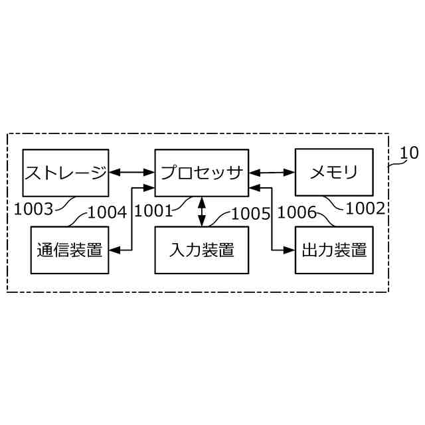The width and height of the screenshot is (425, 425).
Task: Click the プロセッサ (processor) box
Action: (x=201, y=173)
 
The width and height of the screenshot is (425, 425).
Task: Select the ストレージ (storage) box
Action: (x=65, y=173)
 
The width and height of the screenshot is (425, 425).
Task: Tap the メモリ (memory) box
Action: (x=333, y=173)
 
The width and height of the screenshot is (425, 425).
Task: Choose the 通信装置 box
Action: (x=70, y=250)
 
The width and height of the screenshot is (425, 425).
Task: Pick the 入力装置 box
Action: (x=201, y=250)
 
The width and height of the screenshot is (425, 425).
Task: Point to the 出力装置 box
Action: (x=333, y=250)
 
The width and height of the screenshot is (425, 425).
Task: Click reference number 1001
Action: (x=153, y=211)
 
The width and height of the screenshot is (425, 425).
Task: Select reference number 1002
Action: (x=365, y=209)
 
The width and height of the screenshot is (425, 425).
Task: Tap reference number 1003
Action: (x=33, y=209)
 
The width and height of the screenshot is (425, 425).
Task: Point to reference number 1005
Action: (x=250, y=213)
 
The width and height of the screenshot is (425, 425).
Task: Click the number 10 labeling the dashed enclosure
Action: (x=409, y=153)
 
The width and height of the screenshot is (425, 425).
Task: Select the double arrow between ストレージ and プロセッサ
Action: (x=131, y=173)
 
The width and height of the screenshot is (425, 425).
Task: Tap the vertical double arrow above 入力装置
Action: (x=201, y=212)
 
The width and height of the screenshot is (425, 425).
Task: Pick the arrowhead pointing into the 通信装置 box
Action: (x=114, y=250)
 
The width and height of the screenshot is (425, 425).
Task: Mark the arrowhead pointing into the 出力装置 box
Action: (x=290, y=250)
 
